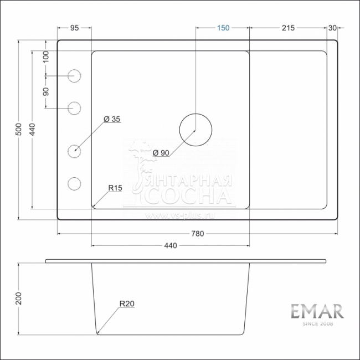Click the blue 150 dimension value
[223, 28]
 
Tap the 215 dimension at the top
[288, 28]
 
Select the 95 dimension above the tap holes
[74, 28]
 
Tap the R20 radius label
[127, 304]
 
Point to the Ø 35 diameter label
[112, 119]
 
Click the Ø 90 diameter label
[162, 153]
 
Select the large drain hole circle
[195, 130]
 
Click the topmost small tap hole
[74, 75]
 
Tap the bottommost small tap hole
[74, 183]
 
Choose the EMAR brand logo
[317, 311]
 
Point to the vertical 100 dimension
[46, 56]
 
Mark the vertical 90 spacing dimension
[46, 90]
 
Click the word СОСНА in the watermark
[188, 197]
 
